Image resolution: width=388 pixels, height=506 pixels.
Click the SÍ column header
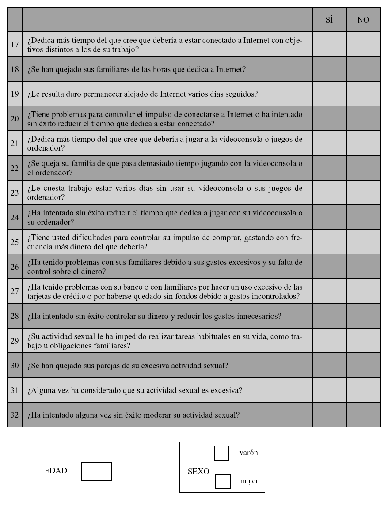coord(329,20)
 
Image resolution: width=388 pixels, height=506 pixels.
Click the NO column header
coord(363,20)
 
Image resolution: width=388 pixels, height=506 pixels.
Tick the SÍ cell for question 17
coord(329,44)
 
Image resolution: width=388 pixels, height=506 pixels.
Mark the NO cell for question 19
coord(363,94)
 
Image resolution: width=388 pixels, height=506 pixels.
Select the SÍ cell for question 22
coord(329,168)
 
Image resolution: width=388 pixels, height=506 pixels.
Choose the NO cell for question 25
coord(363,242)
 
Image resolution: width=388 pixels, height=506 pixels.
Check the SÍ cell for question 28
coord(329,316)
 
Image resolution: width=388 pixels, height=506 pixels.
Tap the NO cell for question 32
coord(363,415)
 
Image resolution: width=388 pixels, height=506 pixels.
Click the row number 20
coord(15,118)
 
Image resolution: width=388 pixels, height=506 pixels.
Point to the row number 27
coord(15,291)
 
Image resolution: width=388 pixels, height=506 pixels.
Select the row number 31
coord(15,390)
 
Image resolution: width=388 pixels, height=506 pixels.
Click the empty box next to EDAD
coord(96,471)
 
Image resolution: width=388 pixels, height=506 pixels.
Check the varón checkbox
coord(221,453)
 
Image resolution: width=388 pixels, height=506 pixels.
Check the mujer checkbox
coord(223,481)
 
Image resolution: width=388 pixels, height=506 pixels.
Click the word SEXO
coord(198,471)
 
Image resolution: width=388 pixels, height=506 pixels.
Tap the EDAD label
coord(56,471)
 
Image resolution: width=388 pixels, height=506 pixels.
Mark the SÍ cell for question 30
coord(329,365)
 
